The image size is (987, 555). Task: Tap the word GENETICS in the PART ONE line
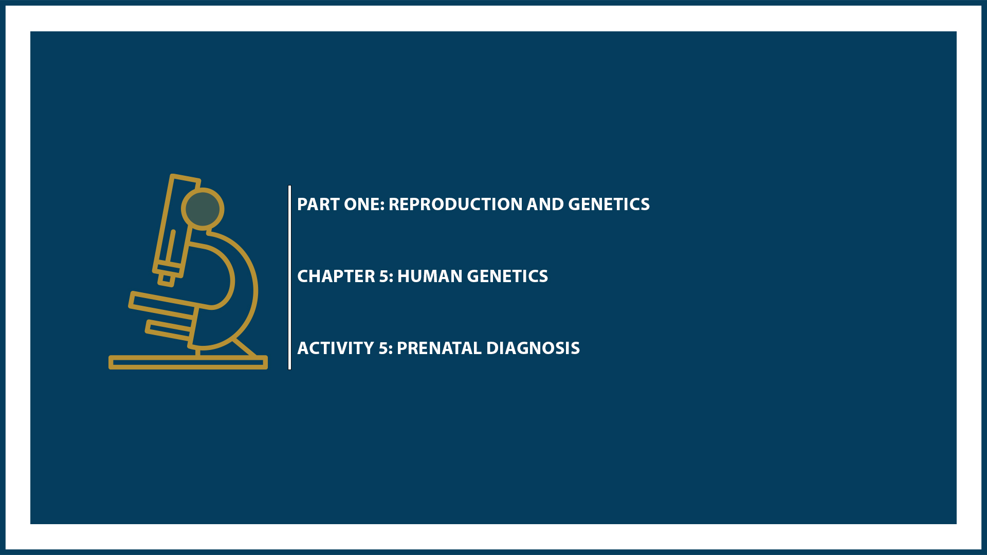point(609,205)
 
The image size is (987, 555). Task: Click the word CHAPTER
point(336,276)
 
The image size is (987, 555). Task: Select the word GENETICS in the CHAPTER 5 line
point(507,276)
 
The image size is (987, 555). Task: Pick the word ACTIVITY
point(336,348)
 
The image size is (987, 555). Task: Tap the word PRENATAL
point(439,348)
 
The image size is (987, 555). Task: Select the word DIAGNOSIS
point(533,348)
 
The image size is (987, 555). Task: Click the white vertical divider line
point(290,277)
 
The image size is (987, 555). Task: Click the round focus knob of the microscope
point(203,209)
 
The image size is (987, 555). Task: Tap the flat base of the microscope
point(188,363)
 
